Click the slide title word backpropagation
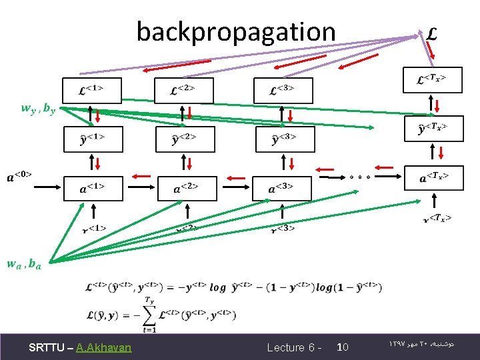236,31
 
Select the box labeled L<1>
92,89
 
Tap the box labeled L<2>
184,90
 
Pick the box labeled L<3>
283,90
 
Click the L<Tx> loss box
433,80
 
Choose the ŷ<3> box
285,139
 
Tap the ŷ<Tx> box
434,128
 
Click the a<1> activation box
93,189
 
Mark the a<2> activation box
187,189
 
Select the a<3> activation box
281,189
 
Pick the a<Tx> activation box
434,177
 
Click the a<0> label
19,177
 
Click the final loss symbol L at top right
433,33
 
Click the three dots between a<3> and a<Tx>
359,177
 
